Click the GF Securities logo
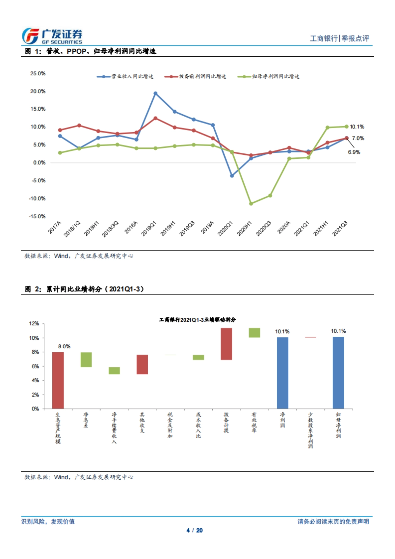coord(52,36)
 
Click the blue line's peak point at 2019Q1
coord(155,93)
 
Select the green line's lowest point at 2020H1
coord(251,203)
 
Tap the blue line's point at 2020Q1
coord(232,176)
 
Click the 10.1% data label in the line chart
coord(357,127)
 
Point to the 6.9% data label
coord(354,152)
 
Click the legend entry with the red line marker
coord(196,76)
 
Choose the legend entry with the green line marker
coord(269,76)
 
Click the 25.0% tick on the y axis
coord(38,73)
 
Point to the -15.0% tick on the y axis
coord(37,216)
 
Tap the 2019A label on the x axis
coord(208,227)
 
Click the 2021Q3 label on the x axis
coord(340,228)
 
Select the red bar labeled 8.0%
coord(58,380)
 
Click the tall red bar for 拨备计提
coord(226,344)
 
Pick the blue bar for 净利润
coord(282,373)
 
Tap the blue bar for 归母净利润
coord(338,373)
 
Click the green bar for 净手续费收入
coord(114,371)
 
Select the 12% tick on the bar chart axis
coord(34,324)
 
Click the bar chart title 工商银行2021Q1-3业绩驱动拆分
coord(197,320)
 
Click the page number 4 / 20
coord(195,530)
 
